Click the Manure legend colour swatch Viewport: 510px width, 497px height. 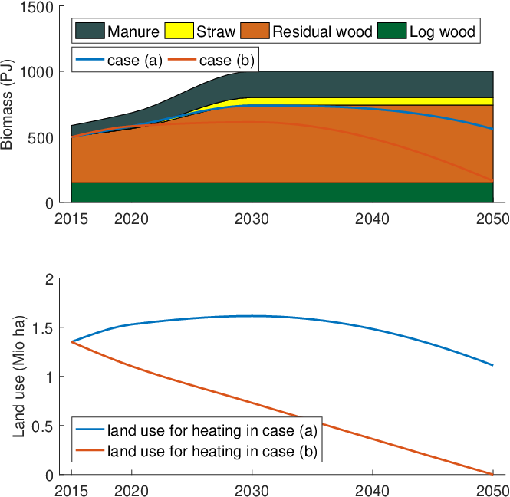pos(90,31)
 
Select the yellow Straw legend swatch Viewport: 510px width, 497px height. pos(179,31)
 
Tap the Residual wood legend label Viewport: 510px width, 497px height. pos(322,31)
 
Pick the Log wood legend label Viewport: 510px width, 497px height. pos(443,31)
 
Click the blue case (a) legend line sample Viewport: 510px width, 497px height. pos(90,60)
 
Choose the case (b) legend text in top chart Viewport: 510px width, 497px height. pos(227,61)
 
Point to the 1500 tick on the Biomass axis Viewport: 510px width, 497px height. pos(37,7)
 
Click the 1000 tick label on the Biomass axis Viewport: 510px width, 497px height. pos(37,72)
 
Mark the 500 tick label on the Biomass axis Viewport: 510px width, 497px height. pos(41,138)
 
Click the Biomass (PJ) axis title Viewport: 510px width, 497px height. pos(6,104)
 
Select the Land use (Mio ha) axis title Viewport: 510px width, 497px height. pos(19,377)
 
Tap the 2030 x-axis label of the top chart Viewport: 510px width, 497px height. pos(252,219)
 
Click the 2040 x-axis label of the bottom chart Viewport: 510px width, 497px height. pos(372,491)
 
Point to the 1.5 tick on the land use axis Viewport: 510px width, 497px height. pos(43,328)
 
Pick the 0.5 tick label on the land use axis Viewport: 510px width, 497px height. pos(43,426)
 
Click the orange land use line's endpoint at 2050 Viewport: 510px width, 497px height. pos(493,475)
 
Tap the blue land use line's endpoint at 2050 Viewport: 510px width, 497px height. pos(493,365)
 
